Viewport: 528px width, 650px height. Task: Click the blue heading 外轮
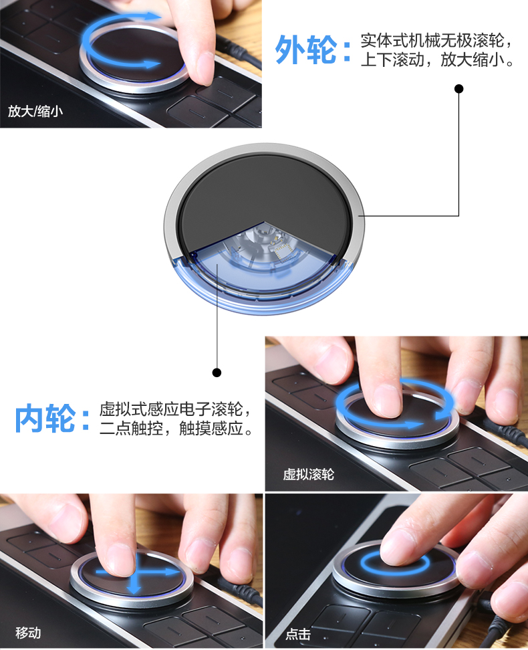(x=306, y=49)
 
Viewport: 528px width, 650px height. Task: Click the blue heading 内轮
(x=45, y=419)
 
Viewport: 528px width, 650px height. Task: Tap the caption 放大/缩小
(x=35, y=111)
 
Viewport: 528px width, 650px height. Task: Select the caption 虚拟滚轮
(x=308, y=474)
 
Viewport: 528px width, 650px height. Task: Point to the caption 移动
(x=28, y=633)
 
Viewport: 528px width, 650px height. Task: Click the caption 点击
(x=298, y=634)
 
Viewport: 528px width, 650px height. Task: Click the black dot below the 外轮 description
(x=458, y=89)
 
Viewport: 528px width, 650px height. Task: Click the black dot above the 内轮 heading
(x=217, y=372)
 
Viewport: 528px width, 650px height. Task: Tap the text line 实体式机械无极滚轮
(x=432, y=40)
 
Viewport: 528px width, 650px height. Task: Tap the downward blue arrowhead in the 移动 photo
(x=134, y=588)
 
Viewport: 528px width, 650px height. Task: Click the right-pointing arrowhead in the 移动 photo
(x=174, y=572)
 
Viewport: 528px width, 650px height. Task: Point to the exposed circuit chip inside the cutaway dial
(x=283, y=250)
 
